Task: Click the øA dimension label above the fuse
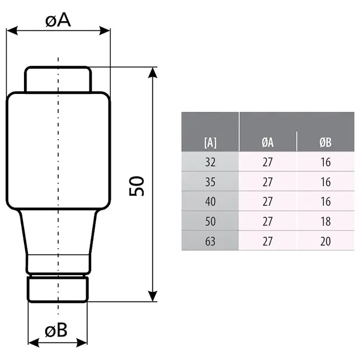(x=59, y=21)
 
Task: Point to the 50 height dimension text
(x=137, y=186)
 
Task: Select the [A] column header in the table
(x=210, y=143)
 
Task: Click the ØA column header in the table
(x=268, y=143)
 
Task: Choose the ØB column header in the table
(x=325, y=143)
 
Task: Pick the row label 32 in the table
(x=210, y=163)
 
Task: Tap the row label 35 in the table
(x=210, y=182)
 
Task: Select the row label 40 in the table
(x=210, y=202)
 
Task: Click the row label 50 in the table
(x=210, y=221)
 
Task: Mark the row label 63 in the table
(x=210, y=241)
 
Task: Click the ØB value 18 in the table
(x=325, y=221)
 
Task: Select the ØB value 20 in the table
(x=325, y=241)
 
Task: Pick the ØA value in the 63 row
(x=268, y=241)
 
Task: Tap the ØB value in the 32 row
(x=325, y=163)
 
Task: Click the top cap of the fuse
(x=58, y=79)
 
